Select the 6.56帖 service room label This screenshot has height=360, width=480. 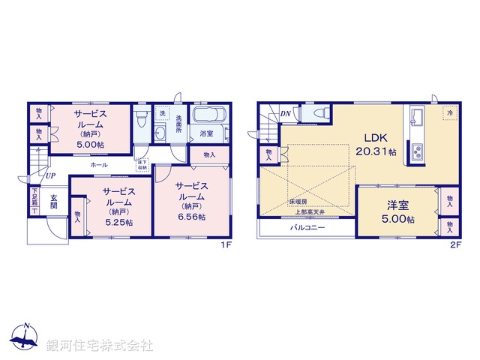click(193, 196)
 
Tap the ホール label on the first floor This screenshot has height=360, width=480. click(98, 164)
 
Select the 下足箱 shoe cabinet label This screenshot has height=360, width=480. click(34, 198)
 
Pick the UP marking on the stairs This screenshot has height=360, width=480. click(49, 176)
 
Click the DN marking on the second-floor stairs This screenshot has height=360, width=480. click(285, 114)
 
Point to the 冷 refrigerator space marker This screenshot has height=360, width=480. click(450, 113)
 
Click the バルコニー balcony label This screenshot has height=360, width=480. click(307, 227)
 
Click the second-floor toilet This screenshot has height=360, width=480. click(319, 113)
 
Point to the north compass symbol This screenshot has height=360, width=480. click(25, 339)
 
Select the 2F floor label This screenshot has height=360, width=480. click(454, 244)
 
